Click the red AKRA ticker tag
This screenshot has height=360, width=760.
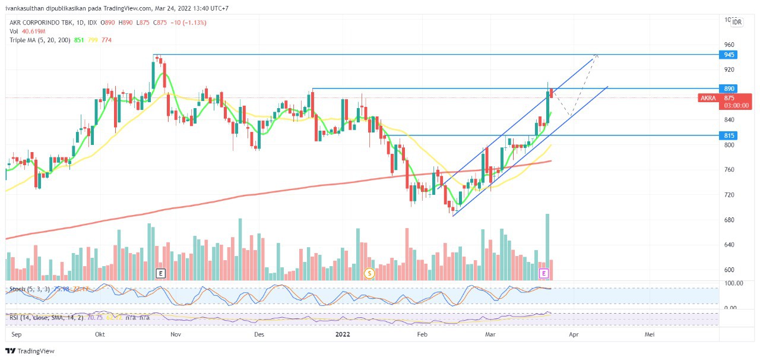[x=708, y=98]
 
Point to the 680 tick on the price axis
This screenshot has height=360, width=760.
[x=729, y=220]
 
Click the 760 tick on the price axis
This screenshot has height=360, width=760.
[x=729, y=170]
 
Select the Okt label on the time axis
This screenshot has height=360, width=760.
[x=100, y=335]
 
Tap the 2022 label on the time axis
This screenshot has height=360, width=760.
[x=343, y=335]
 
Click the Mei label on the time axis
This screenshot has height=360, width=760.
[x=650, y=335]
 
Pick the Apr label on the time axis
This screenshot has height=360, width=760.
[x=574, y=335]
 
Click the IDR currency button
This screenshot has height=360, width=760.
[x=737, y=22]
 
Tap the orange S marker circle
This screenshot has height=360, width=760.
[x=369, y=273]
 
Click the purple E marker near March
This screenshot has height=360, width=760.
[x=543, y=273]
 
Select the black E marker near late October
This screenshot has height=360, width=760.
[x=160, y=273]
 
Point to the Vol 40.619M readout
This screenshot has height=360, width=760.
[x=27, y=31]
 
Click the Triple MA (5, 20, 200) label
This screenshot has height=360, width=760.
[x=39, y=40]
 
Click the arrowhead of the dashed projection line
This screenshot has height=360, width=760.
[x=597, y=55]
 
